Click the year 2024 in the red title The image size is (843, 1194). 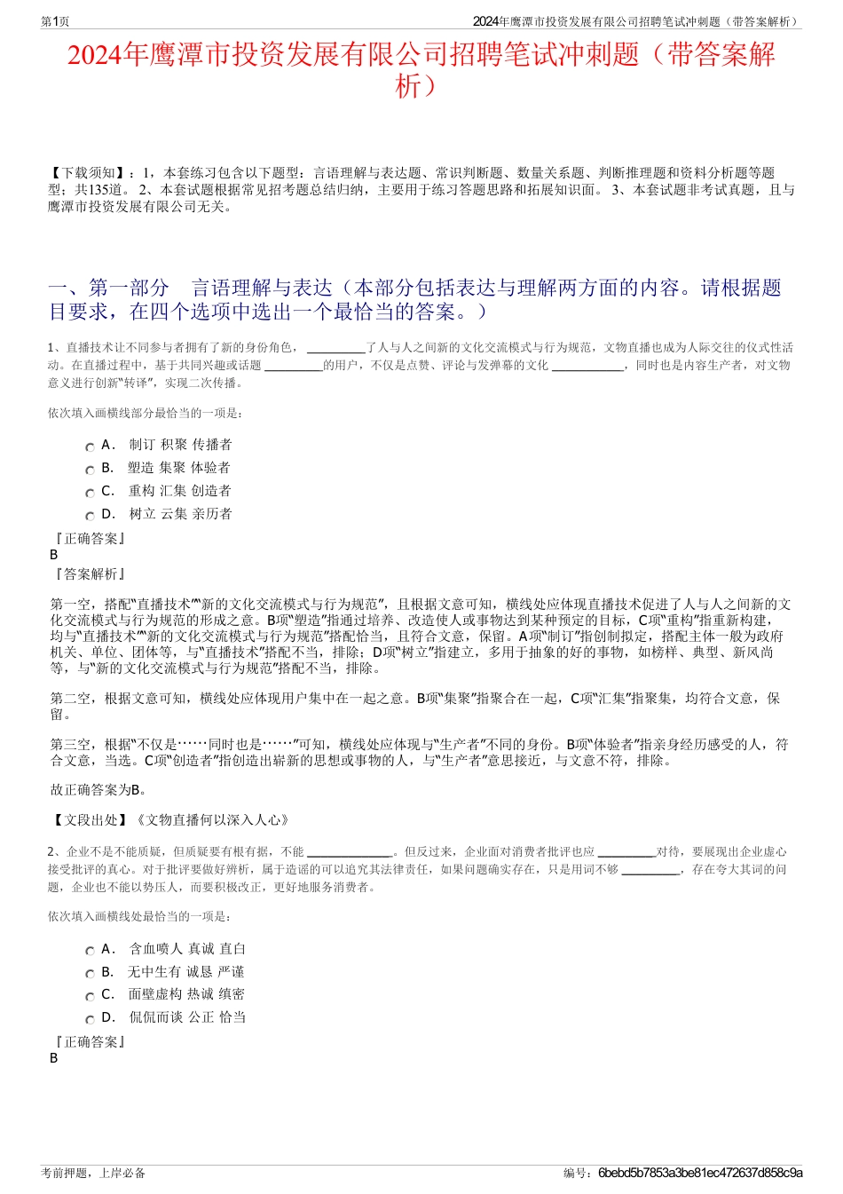[x=95, y=55]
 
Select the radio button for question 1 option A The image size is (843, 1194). [x=90, y=447]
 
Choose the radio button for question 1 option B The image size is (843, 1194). [x=90, y=470]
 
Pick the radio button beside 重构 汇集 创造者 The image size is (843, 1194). [x=90, y=494]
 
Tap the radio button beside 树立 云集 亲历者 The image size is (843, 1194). [x=90, y=517]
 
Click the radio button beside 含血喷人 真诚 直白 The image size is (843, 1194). [x=90, y=952]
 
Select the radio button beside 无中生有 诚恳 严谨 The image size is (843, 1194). [x=90, y=975]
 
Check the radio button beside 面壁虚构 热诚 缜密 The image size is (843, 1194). [x=90, y=997]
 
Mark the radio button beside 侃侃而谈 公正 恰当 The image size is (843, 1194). [x=90, y=1020]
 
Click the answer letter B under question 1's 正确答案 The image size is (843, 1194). [x=54, y=555]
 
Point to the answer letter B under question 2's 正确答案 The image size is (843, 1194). [x=54, y=1058]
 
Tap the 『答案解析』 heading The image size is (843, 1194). [x=89, y=574]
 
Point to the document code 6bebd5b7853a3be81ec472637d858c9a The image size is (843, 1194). [x=700, y=1173]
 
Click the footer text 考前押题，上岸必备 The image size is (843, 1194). [x=93, y=1173]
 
